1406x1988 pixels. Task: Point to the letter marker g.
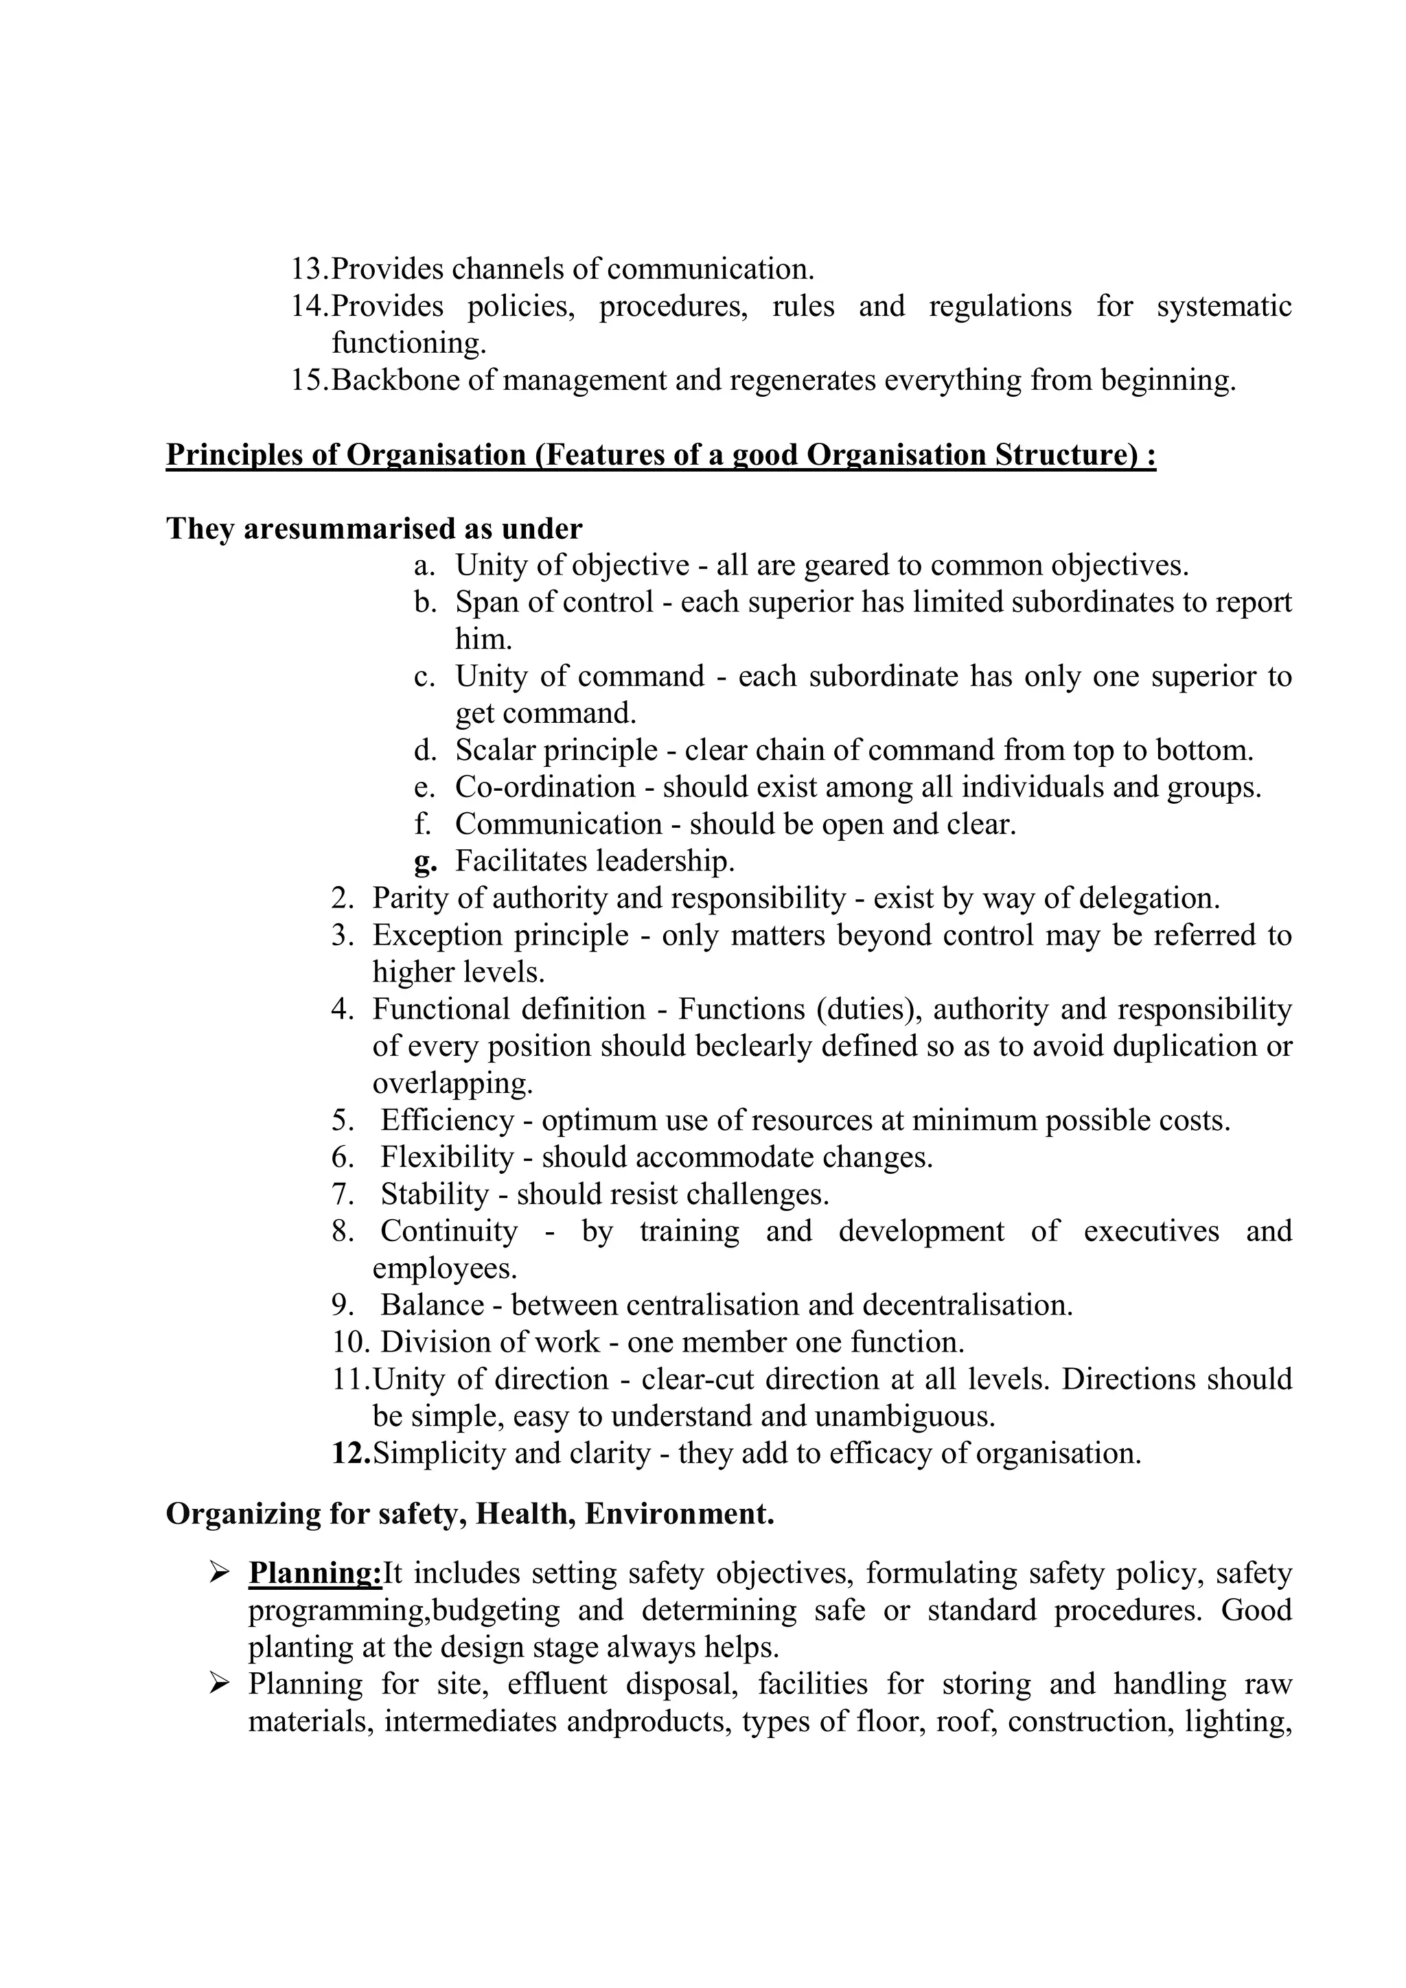pyautogui.click(x=425, y=862)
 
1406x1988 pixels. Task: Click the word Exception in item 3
pyautogui.click(x=438, y=935)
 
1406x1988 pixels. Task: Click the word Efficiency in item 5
pyautogui.click(x=447, y=1120)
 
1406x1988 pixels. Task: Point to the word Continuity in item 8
pyautogui.click(x=448, y=1232)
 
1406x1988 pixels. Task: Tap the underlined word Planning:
pyautogui.click(x=315, y=1573)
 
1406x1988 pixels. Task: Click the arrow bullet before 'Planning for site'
pyautogui.click(x=219, y=1684)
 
